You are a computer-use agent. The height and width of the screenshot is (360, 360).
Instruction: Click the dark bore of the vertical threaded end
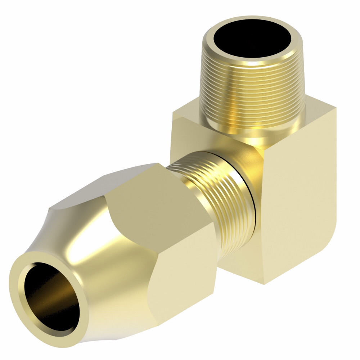point(252,40)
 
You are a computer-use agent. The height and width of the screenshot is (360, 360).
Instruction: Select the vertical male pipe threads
point(252,94)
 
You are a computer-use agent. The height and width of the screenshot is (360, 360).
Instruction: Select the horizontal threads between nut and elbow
point(216,202)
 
